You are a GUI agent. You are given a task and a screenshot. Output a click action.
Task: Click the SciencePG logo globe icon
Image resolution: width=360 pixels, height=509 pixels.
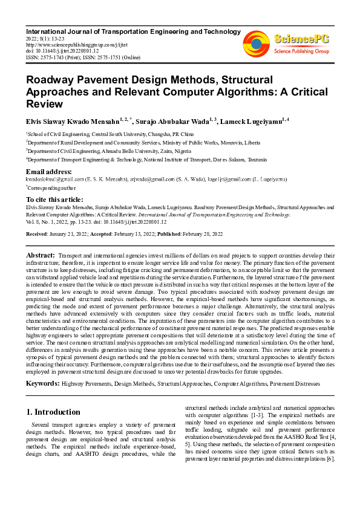point(257,43)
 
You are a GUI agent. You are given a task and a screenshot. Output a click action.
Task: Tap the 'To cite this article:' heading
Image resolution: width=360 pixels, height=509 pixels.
point(56,199)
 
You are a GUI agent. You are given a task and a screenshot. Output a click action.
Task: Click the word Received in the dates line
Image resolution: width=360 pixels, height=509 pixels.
point(38,233)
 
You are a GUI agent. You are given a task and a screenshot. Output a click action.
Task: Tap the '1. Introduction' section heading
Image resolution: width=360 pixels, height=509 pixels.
point(53,412)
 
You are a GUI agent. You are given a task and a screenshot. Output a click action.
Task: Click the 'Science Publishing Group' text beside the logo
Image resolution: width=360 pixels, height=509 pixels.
point(301,51)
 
